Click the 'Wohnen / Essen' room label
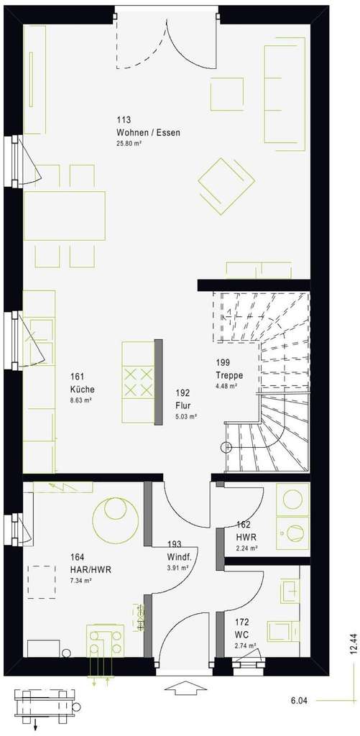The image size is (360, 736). click(x=148, y=133)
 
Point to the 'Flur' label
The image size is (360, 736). click(x=183, y=405)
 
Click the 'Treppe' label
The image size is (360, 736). click(x=229, y=375)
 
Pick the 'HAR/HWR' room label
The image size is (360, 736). click(x=91, y=569)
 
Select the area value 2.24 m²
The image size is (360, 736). click(x=246, y=548)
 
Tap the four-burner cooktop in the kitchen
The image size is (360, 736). click(x=139, y=382)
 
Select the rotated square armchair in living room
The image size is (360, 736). click(x=226, y=185)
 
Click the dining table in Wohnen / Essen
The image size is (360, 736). click(x=65, y=216)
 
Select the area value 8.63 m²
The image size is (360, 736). click(x=80, y=400)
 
